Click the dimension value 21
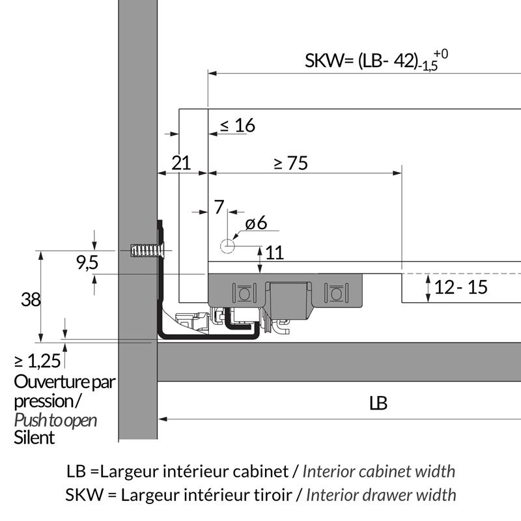[181, 163]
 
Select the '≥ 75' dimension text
[291, 163]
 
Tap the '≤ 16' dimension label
[238, 125]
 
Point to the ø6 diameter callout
[256, 223]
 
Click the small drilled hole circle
[227, 246]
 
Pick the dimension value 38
[31, 300]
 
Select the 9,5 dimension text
[87, 262]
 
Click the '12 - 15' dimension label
[461, 287]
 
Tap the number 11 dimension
[274, 253]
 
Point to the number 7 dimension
[219, 207]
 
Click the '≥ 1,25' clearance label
[38, 361]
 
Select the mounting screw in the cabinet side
[148, 251]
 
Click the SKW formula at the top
[376, 61]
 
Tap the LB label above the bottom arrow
[378, 403]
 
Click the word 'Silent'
[35, 438]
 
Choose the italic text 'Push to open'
[55, 420]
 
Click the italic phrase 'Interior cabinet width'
[379, 471]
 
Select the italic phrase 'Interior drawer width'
[381, 495]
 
